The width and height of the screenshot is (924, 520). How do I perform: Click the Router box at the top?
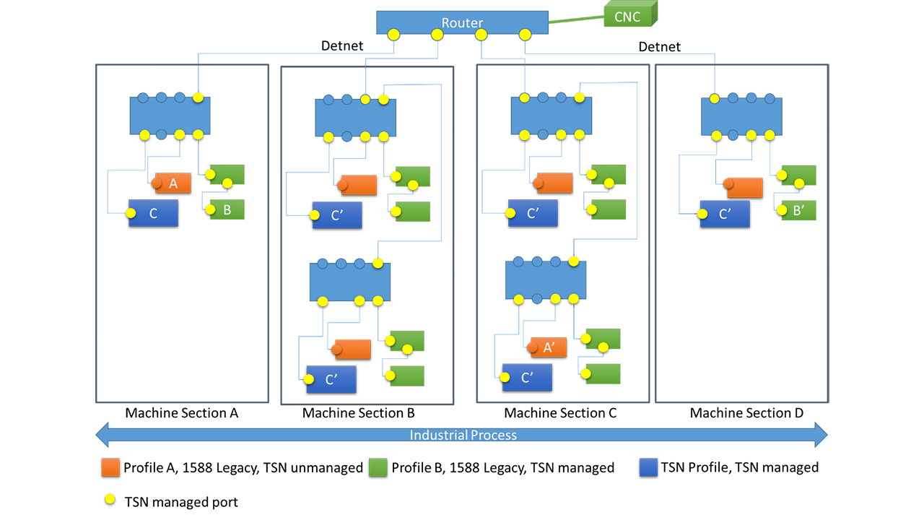(x=462, y=22)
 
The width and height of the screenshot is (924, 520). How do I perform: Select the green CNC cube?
(x=627, y=16)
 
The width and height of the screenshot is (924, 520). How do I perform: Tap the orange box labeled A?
(x=173, y=183)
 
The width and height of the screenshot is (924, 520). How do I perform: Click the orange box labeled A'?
(x=549, y=347)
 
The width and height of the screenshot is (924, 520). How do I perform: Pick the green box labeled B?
(x=227, y=209)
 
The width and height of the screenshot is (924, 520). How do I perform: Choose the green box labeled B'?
(x=799, y=210)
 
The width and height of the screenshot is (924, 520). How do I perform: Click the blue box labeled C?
(x=153, y=213)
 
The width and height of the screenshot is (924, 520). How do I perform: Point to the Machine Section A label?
(x=181, y=413)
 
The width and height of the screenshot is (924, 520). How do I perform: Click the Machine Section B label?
(x=358, y=413)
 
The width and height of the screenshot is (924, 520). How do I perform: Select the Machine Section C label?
(x=560, y=413)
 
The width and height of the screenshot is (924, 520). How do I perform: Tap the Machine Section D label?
(x=746, y=413)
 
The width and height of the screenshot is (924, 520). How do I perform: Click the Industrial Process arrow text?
(x=463, y=435)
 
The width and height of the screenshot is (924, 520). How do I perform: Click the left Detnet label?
(x=342, y=47)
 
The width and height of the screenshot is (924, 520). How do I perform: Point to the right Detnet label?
(x=660, y=47)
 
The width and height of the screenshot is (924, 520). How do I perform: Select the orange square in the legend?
(x=110, y=467)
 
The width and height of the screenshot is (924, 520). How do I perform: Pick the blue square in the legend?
(x=648, y=467)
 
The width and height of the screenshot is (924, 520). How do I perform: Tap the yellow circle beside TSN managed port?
(x=110, y=500)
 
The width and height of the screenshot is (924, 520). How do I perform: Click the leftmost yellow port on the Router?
(x=393, y=34)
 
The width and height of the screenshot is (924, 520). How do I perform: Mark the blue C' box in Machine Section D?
(x=725, y=214)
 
